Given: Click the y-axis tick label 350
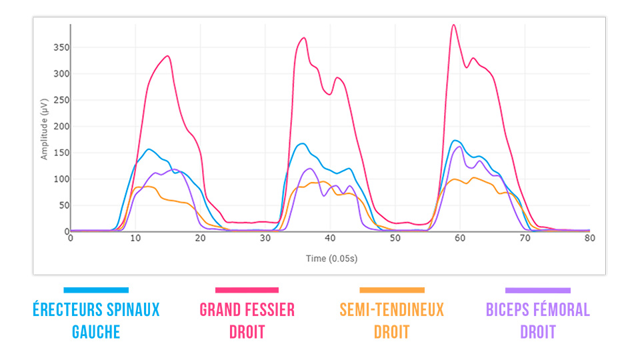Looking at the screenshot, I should tap(59, 48).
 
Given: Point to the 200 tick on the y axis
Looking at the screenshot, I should tap(59, 127).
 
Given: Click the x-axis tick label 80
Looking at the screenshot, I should tap(589, 238).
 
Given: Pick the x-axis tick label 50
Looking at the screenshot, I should tap(395, 238).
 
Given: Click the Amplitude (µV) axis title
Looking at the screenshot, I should tap(45, 129).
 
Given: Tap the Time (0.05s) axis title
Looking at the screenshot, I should tap(330, 257).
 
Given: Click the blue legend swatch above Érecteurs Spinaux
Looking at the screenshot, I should tap(96, 290).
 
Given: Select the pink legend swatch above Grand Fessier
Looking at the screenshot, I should tap(247, 290).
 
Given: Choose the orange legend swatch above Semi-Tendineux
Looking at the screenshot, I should tap(391, 290).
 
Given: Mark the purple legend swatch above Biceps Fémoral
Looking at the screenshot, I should tap(537, 290).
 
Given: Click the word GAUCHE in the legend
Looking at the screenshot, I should tap(96, 331).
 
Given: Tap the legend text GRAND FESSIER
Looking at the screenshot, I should tap(247, 310).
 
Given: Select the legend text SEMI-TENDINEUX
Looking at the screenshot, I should tap(391, 310).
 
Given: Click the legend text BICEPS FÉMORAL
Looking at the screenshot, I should tap(537, 310).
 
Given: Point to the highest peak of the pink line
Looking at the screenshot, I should tap(453, 25).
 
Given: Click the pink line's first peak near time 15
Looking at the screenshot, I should tap(168, 56).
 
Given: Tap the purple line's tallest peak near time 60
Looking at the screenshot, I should tap(459, 147).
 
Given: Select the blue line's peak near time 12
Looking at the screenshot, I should tap(148, 149).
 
